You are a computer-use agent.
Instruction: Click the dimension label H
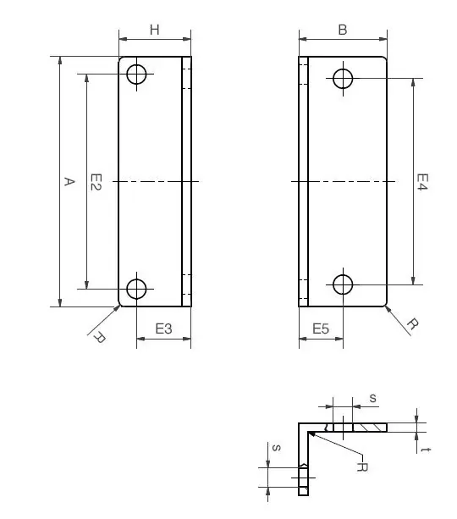[155, 30]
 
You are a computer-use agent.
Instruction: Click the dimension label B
[343, 30]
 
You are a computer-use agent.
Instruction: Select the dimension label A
[69, 181]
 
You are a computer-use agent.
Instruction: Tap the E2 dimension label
[96, 182]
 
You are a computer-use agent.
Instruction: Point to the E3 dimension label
[164, 329]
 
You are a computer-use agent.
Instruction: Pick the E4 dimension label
[422, 182]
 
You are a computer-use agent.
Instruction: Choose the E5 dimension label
[321, 329]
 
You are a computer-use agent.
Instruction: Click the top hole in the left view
[136, 75]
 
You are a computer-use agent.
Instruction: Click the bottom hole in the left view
[136, 289]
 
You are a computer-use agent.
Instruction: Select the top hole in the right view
[343, 79]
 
